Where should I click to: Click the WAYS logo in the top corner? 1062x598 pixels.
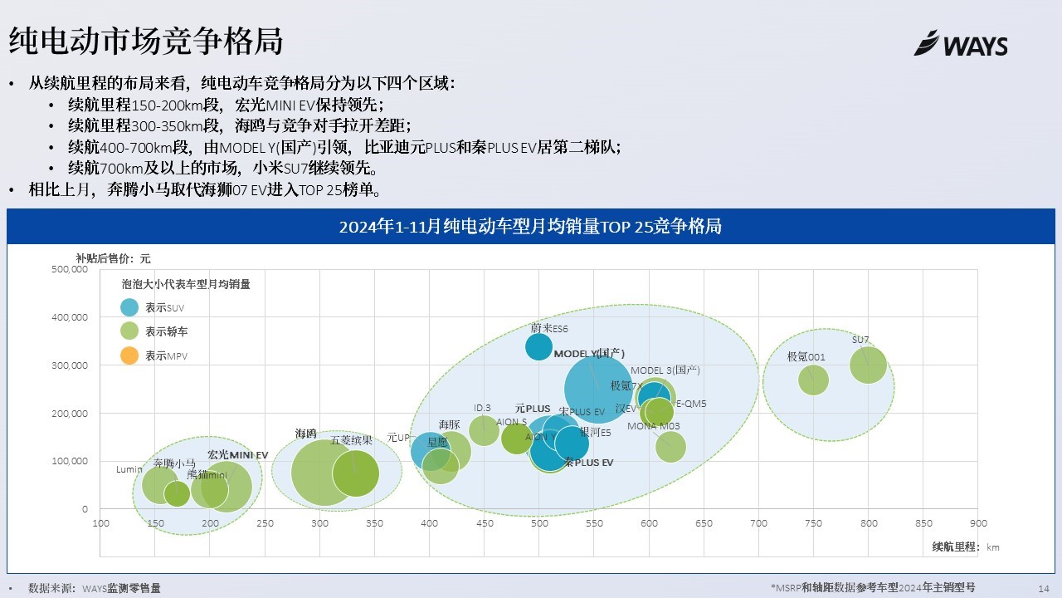point(961,43)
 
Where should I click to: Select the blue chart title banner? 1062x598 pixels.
point(530,227)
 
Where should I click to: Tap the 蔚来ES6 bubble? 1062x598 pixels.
point(539,346)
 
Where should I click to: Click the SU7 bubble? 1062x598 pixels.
point(869,365)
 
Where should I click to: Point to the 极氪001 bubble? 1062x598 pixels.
point(813,380)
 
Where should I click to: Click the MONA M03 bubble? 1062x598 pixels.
point(670,447)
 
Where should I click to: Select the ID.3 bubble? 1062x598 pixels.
point(484,430)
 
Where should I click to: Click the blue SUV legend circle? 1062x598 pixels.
point(129,307)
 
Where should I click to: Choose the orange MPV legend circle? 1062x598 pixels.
point(129,356)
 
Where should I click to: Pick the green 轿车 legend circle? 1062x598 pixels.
point(129,331)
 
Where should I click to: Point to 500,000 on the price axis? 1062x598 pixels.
point(70,269)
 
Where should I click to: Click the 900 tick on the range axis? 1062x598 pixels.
point(978,523)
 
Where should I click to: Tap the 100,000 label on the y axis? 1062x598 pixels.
point(70,461)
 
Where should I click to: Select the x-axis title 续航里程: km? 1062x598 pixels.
point(966,547)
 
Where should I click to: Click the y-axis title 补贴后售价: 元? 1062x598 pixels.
point(114,258)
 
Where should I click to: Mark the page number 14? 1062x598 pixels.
point(1044,588)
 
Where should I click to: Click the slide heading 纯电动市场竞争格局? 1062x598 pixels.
point(145,40)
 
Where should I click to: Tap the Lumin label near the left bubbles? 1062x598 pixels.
point(129,470)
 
